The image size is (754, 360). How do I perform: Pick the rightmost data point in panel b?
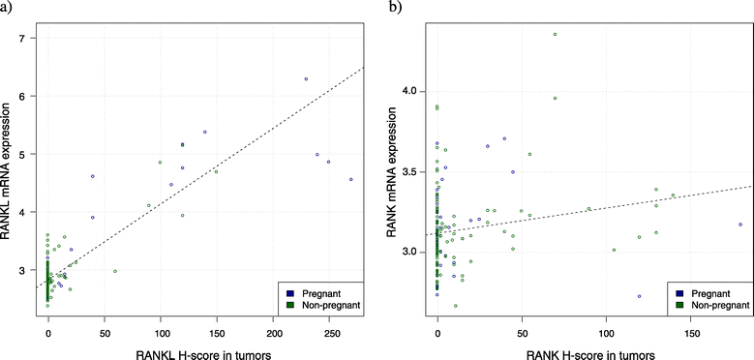(x=740, y=225)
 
